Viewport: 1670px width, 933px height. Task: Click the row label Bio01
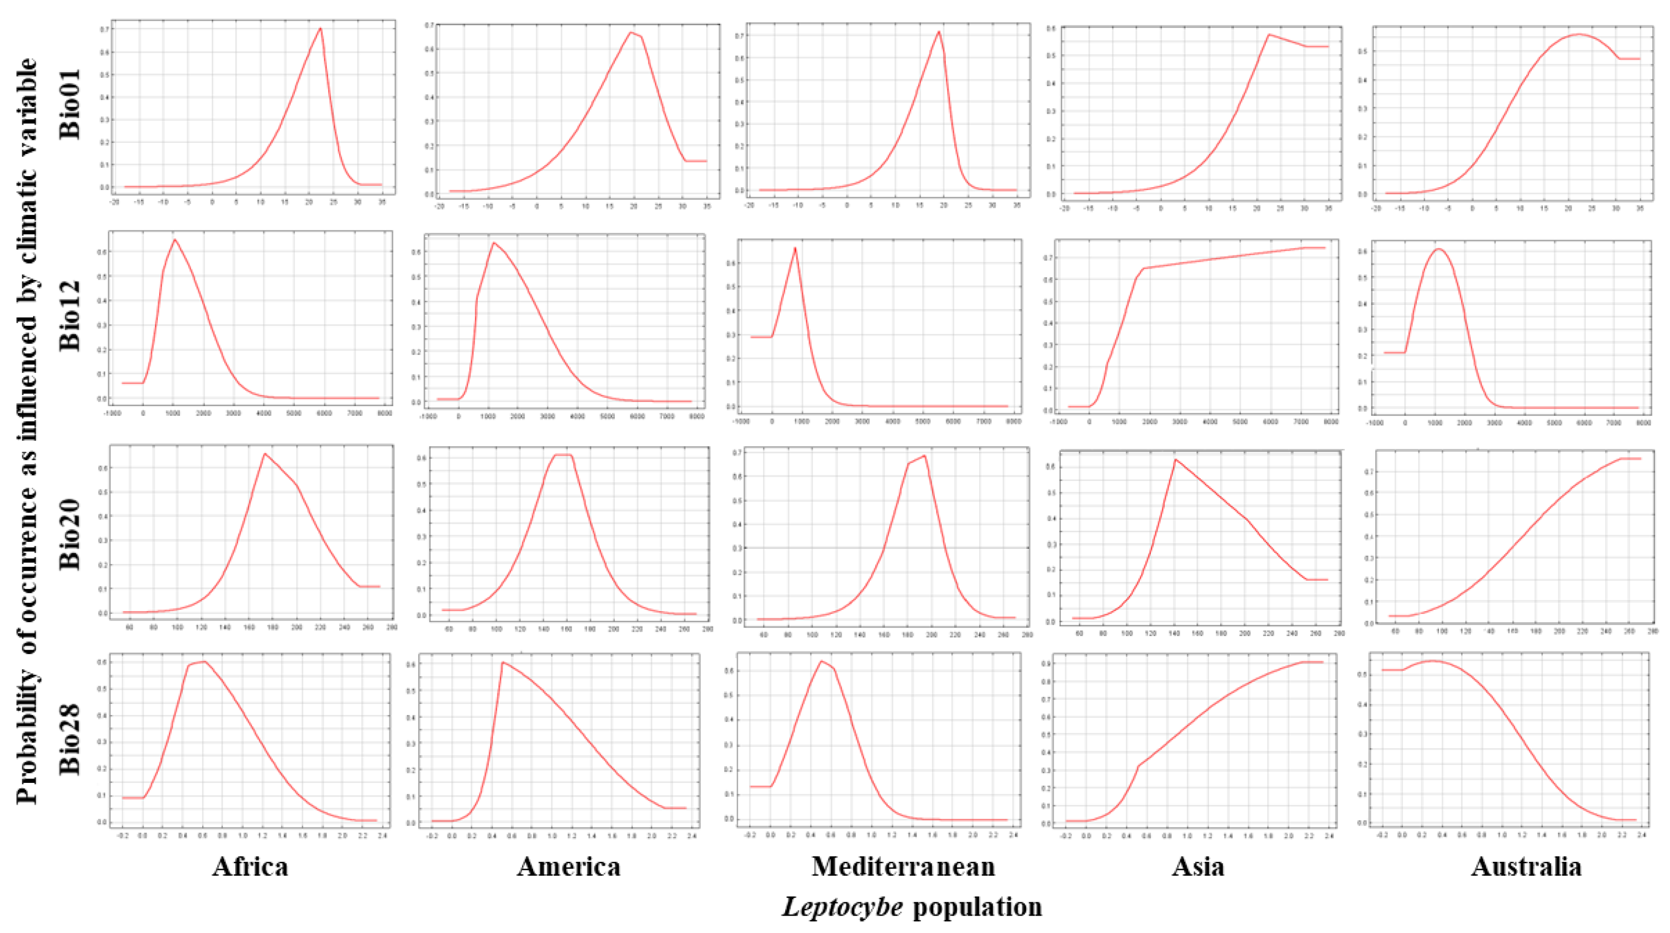pyautogui.click(x=70, y=104)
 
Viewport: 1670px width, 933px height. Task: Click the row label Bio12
pyautogui.click(x=70, y=316)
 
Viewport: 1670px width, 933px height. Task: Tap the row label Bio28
pyautogui.click(x=70, y=739)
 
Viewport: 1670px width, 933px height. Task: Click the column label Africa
pyautogui.click(x=250, y=867)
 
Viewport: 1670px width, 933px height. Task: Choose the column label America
pyautogui.click(x=569, y=867)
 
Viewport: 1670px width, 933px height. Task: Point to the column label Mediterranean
pyautogui.click(x=903, y=867)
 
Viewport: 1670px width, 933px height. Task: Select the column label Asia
pyautogui.click(x=1198, y=867)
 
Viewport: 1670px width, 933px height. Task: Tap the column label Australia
pyautogui.click(x=1526, y=867)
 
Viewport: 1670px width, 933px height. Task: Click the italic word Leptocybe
pyautogui.click(x=842, y=907)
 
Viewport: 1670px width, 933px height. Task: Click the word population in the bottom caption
pyautogui.click(x=977, y=907)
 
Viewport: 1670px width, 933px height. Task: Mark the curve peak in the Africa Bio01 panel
pyautogui.click(x=320, y=28)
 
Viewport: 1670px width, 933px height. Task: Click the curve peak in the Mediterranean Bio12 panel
pyautogui.click(x=795, y=248)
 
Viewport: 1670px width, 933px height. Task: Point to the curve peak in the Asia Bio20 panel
pyautogui.click(x=1175, y=460)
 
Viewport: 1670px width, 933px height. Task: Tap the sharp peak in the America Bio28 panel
pyautogui.click(x=502, y=662)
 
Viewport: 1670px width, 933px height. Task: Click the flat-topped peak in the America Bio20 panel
pyautogui.click(x=563, y=455)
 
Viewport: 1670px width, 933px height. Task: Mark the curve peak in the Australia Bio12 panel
pyautogui.click(x=1433, y=249)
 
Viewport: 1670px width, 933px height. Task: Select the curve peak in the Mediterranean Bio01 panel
pyautogui.click(x=939, y=32)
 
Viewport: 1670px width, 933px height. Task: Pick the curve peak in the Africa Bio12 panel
pyautogui.click(x=174, y=240)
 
